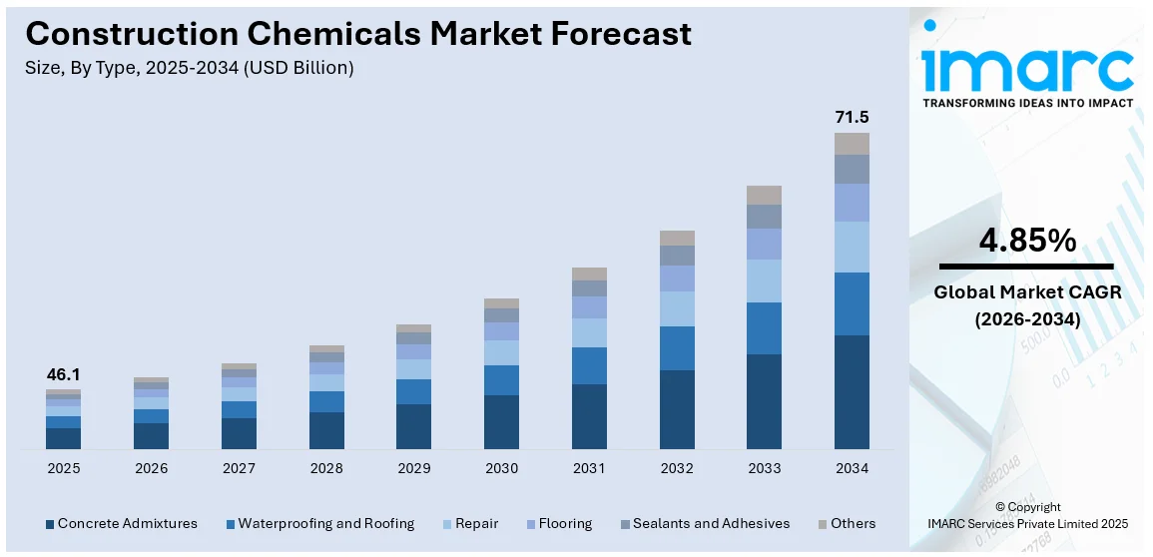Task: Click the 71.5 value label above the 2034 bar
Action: click(x=852, y=118)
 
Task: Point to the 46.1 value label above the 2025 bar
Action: click(x=63, y=374)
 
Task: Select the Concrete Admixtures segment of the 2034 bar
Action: click(x=852, y=391)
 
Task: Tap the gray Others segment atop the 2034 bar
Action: click(x=852, y=144)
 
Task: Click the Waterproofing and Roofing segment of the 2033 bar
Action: click(x=764, y=328)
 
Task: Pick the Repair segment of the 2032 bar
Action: click(x=677, y=308)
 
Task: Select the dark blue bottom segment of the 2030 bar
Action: click(x=501, y=421)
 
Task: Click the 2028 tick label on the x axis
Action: click(x=326, y=468)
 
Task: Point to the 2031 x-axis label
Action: click(x=589, y=468)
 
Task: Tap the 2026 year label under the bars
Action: click(x=151, y=468)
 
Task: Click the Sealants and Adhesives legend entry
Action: click(x=705, y=523)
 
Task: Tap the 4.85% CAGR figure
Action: click(x=1026, y=241)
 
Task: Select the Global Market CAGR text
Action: click(x=1026, y=292)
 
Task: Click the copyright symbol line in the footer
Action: click(x=1027, y=507)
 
